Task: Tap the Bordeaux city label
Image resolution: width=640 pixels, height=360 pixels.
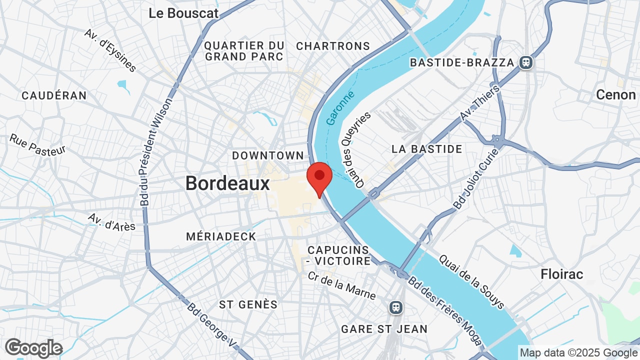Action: click(x=227, y=183)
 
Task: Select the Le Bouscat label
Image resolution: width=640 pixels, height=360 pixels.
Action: click(x=183, y=13)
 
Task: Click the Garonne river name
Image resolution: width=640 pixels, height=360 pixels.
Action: click(x=340, y=108)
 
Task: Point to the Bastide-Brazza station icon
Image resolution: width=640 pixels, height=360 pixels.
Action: click(x=525, y=62)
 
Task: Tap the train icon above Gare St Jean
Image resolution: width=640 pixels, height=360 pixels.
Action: click(x=396, y=306)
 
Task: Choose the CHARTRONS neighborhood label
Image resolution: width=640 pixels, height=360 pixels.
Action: click(x=333, y=46)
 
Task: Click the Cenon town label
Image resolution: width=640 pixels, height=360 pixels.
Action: click(x=615, y=94)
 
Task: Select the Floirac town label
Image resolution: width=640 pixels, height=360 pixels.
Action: click(x=562, y=274)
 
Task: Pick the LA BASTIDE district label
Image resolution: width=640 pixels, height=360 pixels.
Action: click(x=427, y=149)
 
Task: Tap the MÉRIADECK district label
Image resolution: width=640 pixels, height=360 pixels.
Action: click(x=221, y=236)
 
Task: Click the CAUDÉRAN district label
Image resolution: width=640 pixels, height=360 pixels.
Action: click(x=54, y=95)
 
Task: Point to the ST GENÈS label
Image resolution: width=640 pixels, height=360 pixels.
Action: click(x=248, y=304)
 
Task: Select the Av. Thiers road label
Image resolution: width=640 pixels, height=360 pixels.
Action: click(x=479, y=103)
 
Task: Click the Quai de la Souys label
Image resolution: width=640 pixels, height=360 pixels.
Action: click(x=471, y=282)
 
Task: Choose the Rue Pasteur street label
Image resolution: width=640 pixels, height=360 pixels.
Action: click(x=37, y=144)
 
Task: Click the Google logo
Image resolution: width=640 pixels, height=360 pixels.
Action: click(x=33, y=348)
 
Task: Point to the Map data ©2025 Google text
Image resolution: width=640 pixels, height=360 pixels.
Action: click(x=578, y=353)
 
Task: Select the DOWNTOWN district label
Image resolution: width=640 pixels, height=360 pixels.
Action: click(x=268, y=155)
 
